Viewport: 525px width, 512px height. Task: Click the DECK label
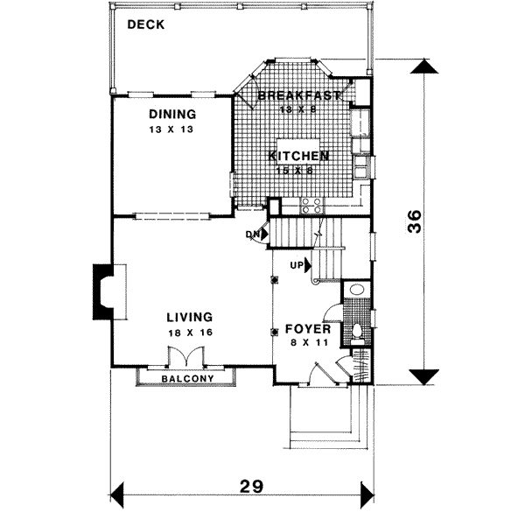tap(146, 25)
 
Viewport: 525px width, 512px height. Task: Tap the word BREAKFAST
tap(298, 96)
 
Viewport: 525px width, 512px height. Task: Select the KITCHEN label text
tap(298, 156)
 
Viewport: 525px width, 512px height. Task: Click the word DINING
tap(171, 115)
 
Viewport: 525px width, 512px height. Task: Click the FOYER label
tap(307, 329)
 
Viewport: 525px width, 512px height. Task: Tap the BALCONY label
tap(188, 378)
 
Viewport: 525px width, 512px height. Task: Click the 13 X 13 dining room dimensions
tap(171, 129)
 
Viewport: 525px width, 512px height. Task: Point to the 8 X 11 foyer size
tap(307, 343)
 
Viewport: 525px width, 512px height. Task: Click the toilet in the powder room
tap(358, 332)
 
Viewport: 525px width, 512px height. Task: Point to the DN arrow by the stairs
tap(253, 234)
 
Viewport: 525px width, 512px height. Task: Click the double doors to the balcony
tap(185, 357)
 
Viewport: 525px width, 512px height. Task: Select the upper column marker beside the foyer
tap(275, 280)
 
